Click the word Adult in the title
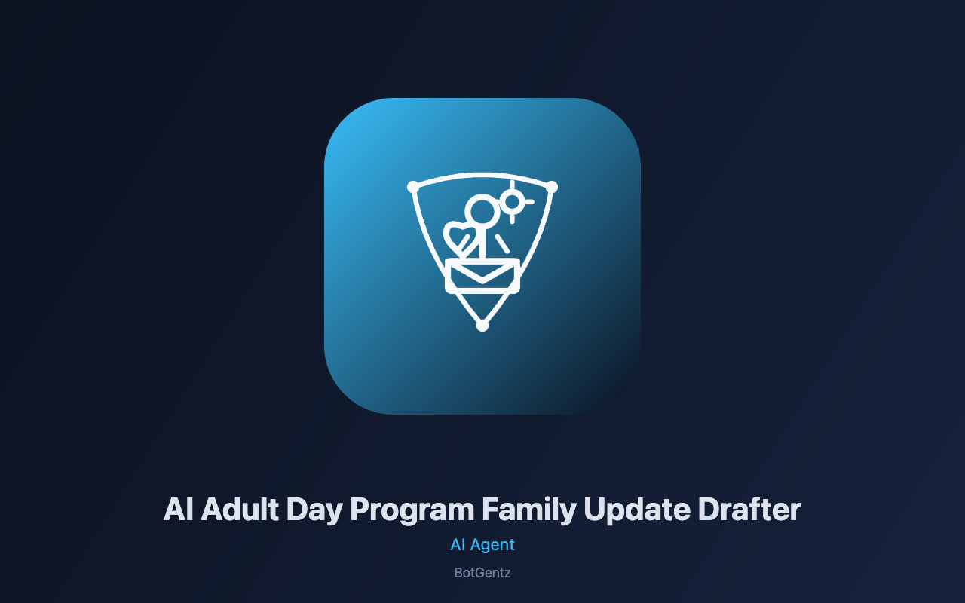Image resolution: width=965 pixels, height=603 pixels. (240, 509)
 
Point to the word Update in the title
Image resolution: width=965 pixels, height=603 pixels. (637, 511)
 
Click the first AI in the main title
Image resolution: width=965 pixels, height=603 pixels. (179, 509)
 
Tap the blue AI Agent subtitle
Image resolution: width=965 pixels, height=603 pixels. (482, 545)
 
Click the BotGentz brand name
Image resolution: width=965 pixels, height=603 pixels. (482, 573)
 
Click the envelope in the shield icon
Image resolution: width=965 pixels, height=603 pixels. (482, 276)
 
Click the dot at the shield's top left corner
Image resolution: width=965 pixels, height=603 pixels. (413, 187)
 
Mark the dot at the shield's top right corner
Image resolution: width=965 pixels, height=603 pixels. (552, 187)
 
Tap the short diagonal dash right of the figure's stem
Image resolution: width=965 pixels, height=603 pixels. (502, 243)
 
